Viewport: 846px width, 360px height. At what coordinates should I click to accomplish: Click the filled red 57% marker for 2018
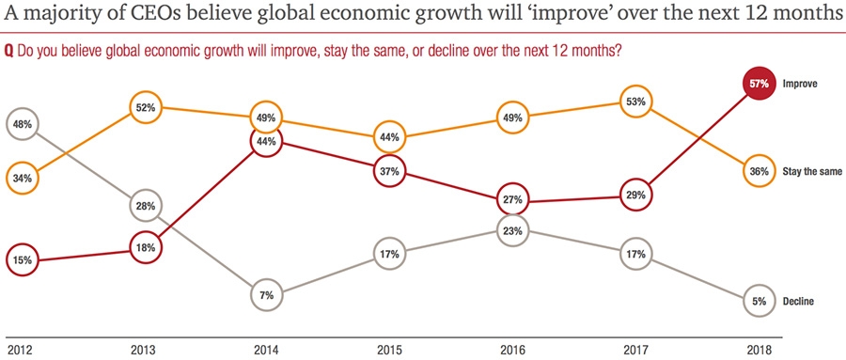760,84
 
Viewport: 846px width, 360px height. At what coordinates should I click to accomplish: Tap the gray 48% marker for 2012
23,123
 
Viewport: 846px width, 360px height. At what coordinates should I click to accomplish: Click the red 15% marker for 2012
23,258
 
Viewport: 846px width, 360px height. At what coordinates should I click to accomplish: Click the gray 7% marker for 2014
267,295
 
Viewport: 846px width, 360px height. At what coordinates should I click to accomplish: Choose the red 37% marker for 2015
389,172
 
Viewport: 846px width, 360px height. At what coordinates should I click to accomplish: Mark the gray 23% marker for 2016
512,230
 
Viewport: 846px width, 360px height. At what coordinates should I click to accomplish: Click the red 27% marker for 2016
512,199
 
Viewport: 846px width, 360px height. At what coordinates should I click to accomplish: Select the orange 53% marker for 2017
635,102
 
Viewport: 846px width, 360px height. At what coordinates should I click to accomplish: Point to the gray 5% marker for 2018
760,302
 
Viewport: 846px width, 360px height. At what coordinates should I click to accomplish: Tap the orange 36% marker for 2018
760,172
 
